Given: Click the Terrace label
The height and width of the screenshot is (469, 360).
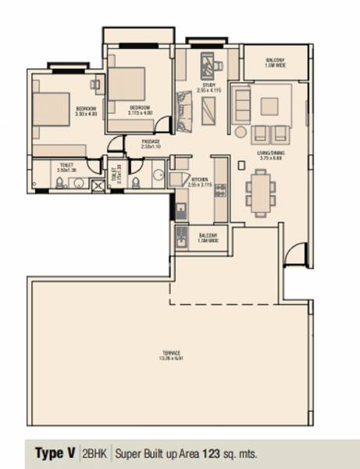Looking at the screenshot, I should [x=172, y=354].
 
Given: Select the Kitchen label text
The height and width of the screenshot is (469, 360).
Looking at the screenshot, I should [x=201, y=182].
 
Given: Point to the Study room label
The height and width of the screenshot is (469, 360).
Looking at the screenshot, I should [x=209, y=87].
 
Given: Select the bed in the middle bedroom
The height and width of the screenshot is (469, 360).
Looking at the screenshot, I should [x=127, y=83].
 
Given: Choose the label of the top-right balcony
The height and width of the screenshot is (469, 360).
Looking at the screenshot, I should [x=273, y=63].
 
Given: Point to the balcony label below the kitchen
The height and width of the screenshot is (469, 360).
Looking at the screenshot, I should [x=207, y=236].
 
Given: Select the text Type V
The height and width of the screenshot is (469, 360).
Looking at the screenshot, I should [x=55, y=453].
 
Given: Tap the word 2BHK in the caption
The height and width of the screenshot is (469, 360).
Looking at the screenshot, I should [x=95, y=453].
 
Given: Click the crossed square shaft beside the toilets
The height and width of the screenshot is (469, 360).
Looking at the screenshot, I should [x=98, y=185].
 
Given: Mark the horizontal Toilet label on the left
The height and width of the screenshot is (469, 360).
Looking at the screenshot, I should [x=66, y=166].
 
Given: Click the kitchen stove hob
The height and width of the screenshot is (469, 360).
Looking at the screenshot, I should [x=219, y=190].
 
